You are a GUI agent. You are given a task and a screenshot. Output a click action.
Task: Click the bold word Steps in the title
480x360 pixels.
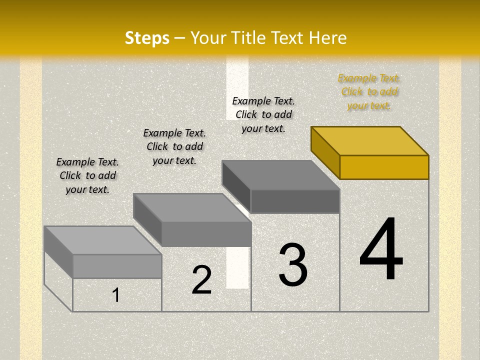[147, 38]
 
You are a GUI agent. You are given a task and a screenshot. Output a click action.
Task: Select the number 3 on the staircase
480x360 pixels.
[293, 265]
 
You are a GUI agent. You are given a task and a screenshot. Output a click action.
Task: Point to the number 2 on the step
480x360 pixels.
[201, 280]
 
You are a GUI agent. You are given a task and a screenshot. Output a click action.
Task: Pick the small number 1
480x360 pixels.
[116, 295]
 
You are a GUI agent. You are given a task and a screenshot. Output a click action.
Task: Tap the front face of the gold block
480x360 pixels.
[384, 167]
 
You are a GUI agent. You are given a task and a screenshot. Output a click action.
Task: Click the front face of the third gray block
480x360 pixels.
[295, 201]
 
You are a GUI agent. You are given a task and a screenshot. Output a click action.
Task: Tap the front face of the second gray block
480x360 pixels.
[206, 234]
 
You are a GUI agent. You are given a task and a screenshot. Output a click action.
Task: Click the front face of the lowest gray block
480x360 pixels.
[117, 266]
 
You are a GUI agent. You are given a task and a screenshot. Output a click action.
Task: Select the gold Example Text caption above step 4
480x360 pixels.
[369, 91]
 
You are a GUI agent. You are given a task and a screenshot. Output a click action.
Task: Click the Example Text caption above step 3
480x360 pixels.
[263, 114]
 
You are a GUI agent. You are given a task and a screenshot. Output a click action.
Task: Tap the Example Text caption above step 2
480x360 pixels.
[174, 146]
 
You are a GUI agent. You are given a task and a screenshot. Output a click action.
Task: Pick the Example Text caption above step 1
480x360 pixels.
[87, 175]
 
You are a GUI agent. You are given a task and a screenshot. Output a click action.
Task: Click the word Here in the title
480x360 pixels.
[327, 38]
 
